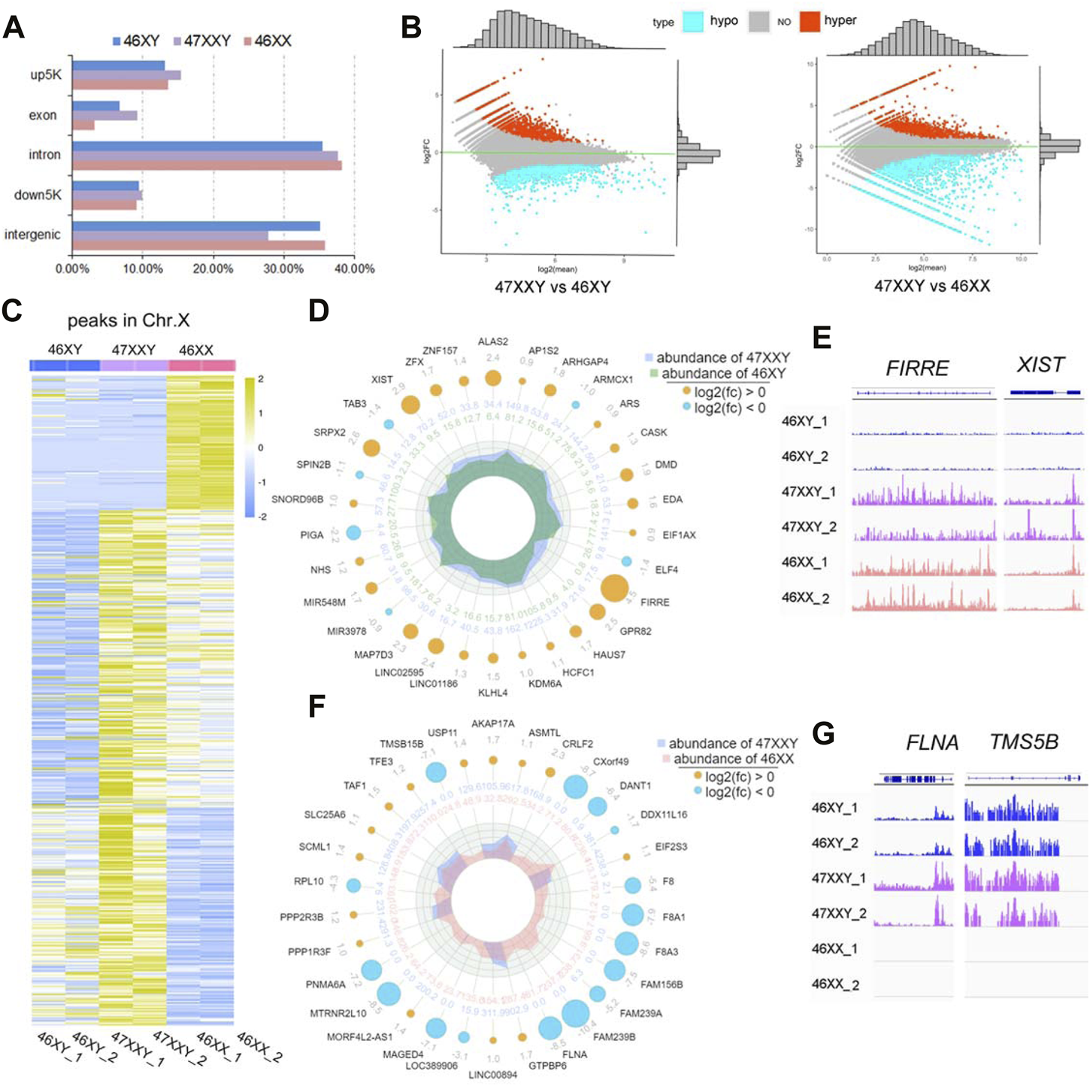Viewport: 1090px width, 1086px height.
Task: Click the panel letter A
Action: click(14, 28)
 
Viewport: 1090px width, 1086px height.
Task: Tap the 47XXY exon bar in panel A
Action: click(104, 115)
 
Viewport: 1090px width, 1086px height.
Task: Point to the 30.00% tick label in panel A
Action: click(283, 268)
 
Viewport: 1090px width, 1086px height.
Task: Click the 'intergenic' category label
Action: click(32, 235)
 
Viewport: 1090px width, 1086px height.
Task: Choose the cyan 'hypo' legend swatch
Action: click(693, 22)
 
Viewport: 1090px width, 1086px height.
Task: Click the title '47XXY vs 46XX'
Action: click(931, 286)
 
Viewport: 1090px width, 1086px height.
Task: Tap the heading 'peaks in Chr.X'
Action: click(129, 320)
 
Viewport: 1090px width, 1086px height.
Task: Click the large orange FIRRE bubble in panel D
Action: click(614, 588)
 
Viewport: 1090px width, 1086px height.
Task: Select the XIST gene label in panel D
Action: click(382, 379)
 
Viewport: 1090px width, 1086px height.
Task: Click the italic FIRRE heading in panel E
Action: click(917, 368)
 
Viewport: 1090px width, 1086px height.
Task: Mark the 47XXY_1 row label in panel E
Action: click(808, 492)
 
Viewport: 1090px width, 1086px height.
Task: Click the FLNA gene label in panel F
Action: click(574, 1054)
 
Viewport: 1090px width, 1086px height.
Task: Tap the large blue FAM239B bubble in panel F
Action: click(575, 1013)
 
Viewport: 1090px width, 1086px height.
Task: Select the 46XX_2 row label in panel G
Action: click(835, 984)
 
